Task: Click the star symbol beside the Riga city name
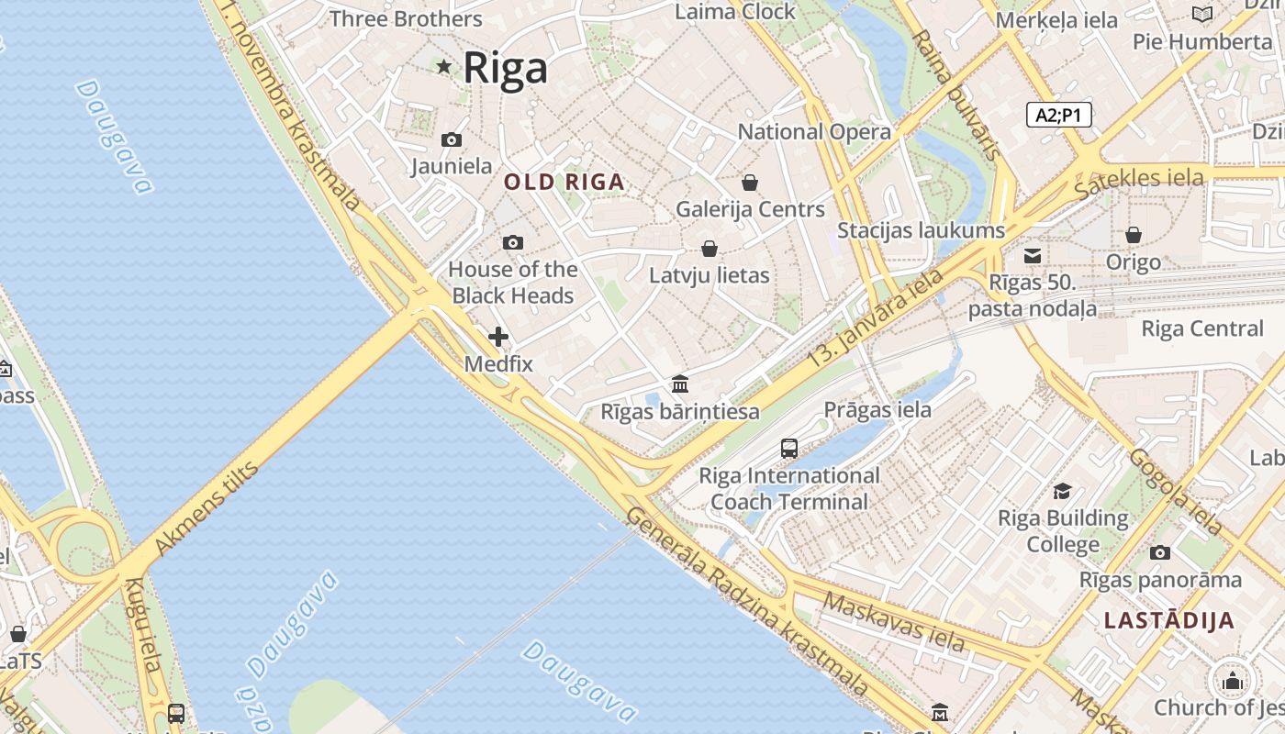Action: point(444,66)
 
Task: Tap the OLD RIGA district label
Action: point(564,182)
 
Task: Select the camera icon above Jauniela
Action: point(452,139)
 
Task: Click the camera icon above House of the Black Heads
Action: point(513,242)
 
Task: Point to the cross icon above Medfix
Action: point(498,337)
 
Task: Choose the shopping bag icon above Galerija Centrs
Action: point(750,182)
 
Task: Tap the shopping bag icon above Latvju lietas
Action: point(710,249)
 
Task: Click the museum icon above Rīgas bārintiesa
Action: point(680,384)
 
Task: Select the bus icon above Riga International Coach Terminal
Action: point(789,448)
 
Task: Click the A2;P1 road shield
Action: point(1058,115)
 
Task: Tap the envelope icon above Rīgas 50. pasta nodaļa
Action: point(1033,255)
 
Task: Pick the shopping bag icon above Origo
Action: point(1134,235)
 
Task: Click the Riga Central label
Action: point(1202,328)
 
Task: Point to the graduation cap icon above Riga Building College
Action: point(1063,491)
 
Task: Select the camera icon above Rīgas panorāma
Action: point(1160,552)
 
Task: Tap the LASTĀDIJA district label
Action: point(1169,620)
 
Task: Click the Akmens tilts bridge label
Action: point(207,507)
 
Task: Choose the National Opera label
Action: point(814,131)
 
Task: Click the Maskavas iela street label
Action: point(894,622)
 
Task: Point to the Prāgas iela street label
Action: point(877,409)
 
